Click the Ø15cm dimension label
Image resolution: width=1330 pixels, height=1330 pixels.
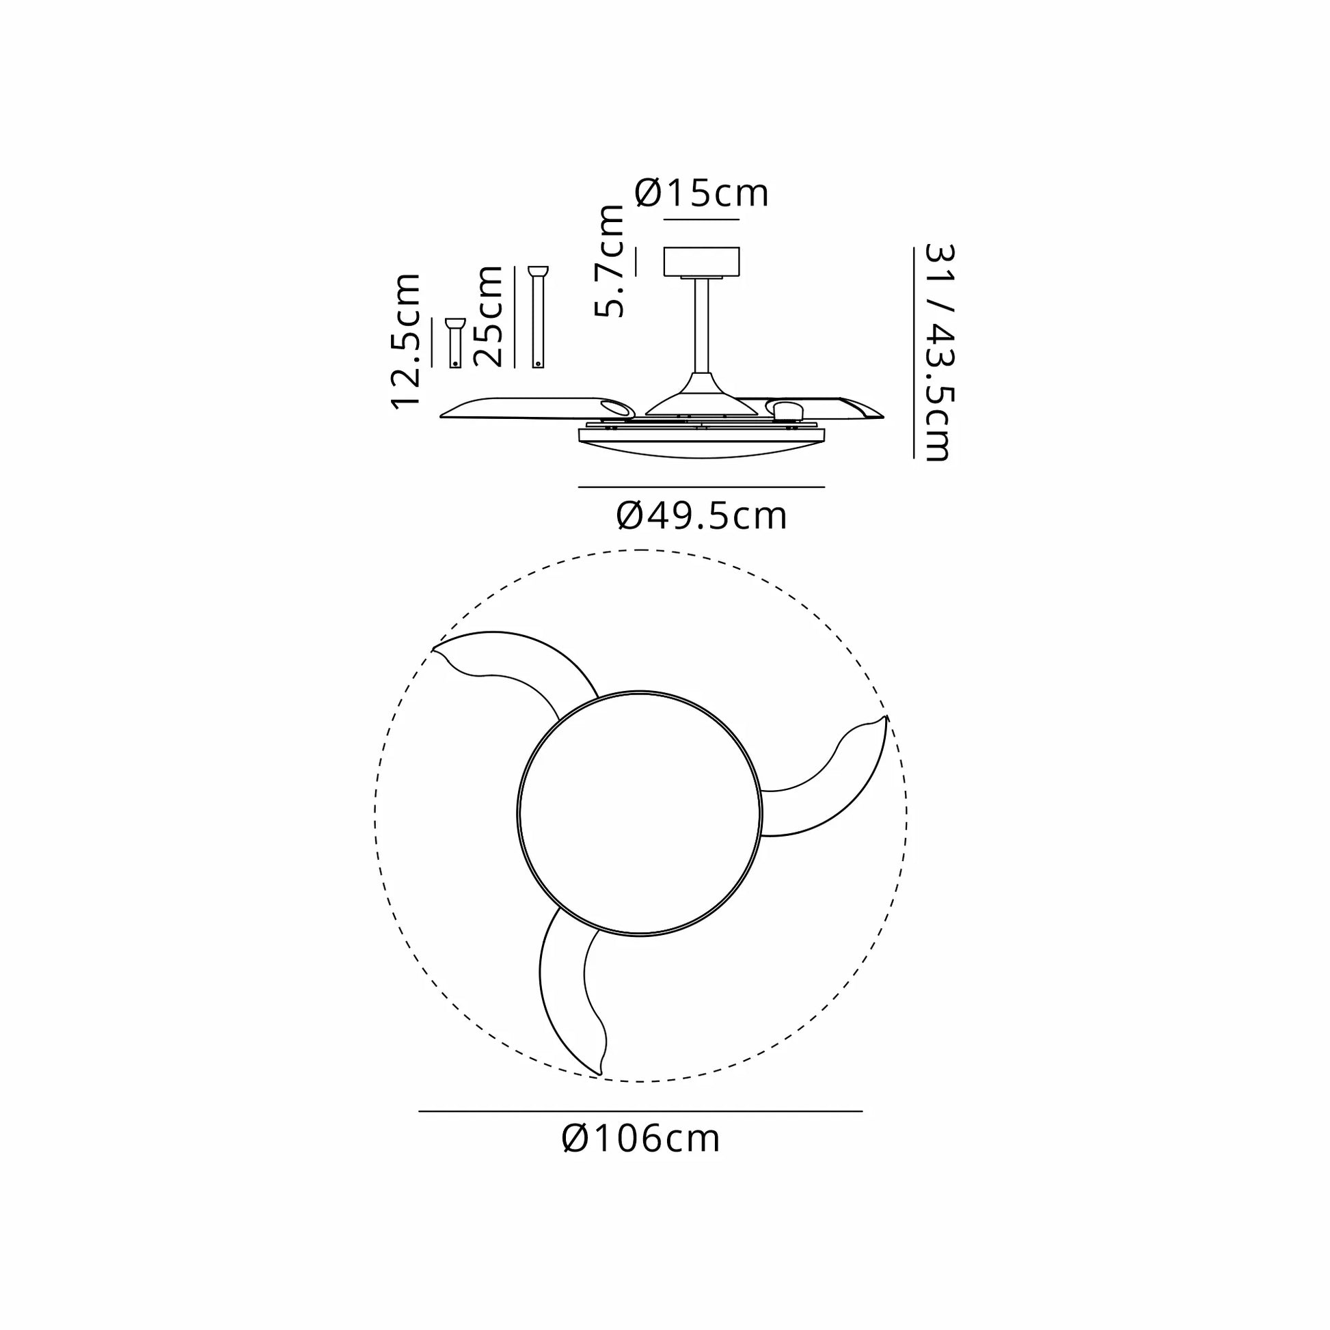(701, 193)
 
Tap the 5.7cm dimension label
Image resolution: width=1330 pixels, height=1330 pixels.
(610, 260)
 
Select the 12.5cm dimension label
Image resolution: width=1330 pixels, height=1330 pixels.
(405, 342)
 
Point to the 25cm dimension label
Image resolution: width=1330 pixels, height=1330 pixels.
(489, 316)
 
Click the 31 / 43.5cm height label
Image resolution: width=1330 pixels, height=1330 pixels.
(938, 352)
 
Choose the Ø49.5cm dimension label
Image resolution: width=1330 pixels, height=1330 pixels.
(701, 516)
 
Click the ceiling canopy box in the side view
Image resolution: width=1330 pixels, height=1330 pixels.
(701, 262)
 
